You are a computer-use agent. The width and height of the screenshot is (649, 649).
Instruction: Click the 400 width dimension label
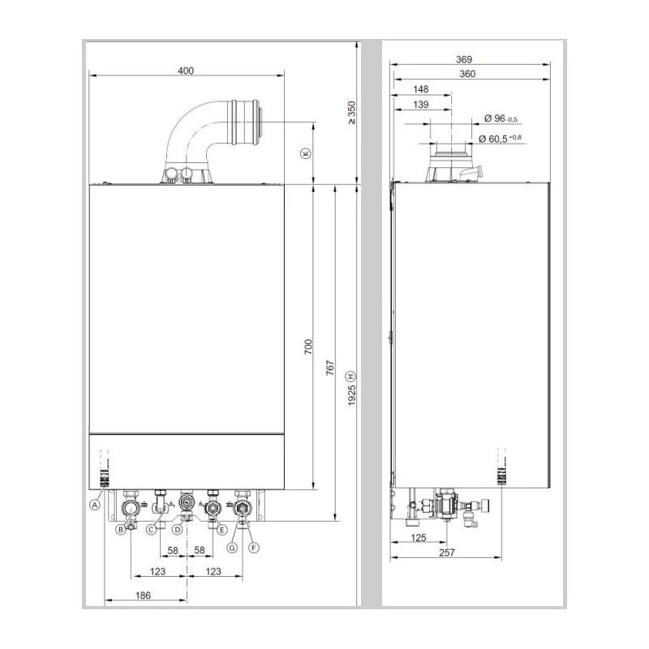pyautogui.click(x=186, y=71)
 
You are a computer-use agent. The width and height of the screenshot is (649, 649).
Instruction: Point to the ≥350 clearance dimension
pyautogui.click(x=351, y=112)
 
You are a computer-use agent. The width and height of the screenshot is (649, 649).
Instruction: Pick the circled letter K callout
pyautogui.click(x=305, y=153)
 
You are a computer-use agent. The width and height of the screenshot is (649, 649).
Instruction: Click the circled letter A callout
pyautogui.click(x=95, y=504)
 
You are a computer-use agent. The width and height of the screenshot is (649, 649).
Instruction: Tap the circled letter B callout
pyautogui.click(x=120, y=531)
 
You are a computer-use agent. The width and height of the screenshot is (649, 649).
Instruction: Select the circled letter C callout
pyautogui.click(x=150, y=531)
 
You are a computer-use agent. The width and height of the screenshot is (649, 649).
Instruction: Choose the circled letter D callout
pyautogui.click(x=177, y=530)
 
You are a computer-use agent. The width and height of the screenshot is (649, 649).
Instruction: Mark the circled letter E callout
pyautogui.click(x=221, y=530)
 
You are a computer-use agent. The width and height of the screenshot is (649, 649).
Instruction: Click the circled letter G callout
pyautogui.click(x=232, y=548)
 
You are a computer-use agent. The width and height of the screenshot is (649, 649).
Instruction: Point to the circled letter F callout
pyautogui.click(x=253, y=548)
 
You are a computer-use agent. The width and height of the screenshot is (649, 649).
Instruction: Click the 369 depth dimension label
pyautogui.click(x=463, y=60)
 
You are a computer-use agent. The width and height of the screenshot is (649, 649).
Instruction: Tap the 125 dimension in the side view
pyautogui.click(x=418, y=537)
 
